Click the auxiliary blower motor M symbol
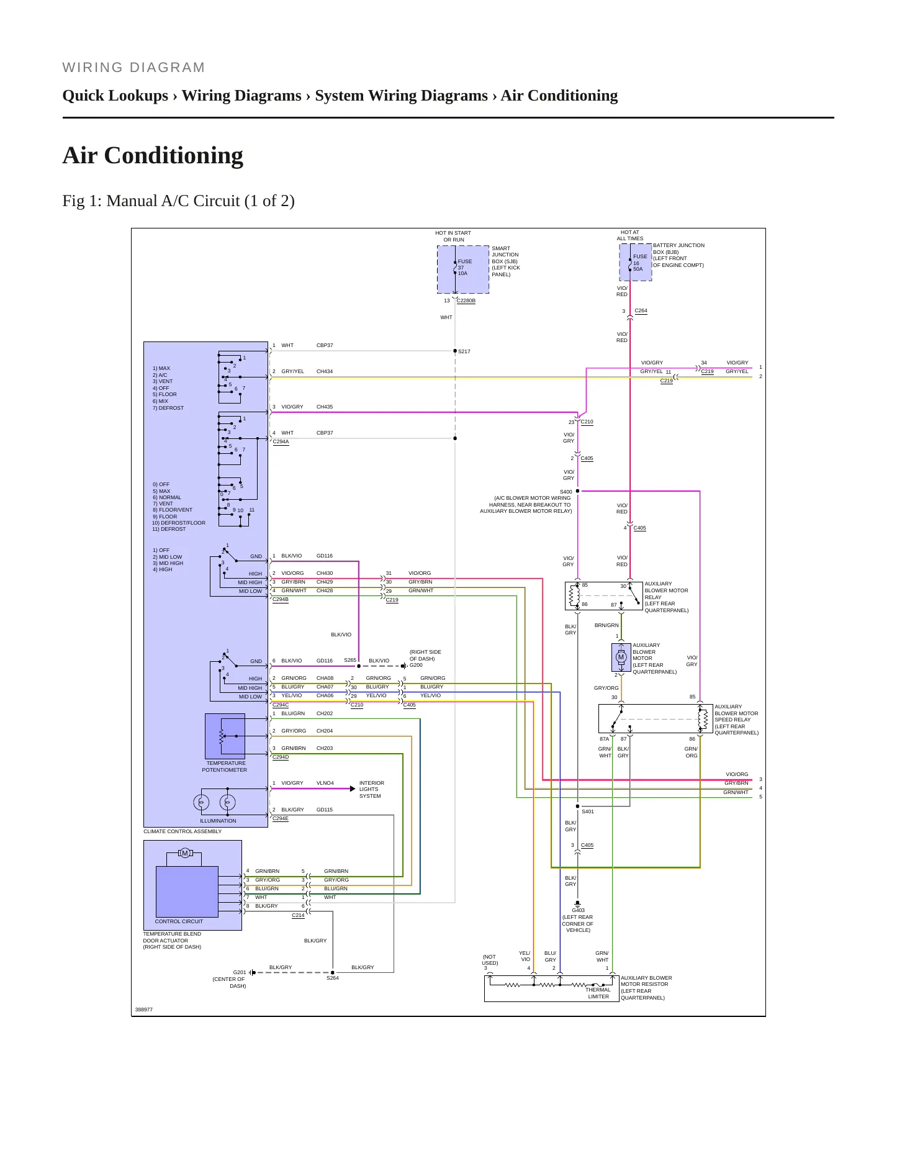tap(621, 657)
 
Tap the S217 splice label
tap(464, 352)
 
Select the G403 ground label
tap(578, 911)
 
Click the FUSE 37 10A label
tap(465, 268)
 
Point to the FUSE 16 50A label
tap(640, 263)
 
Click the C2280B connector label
tap(466, 301)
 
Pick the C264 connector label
tap(641, 311)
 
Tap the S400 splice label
tap(566, 492)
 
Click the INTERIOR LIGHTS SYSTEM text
tap(371, 790)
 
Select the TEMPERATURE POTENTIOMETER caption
tap(225, 767)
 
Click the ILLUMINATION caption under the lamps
tap(218, 821)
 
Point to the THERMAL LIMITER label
tap(598, 993)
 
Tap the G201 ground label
tap(240, 972)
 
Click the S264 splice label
tap(333, 978)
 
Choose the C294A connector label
tap(281, 442)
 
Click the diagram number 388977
tap(144, 1010)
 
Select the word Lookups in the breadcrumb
tap(140, 96)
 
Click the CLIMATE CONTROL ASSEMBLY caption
tap(183, 831)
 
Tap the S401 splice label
tap(588, 811)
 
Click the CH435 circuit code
tap(325, 407)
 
